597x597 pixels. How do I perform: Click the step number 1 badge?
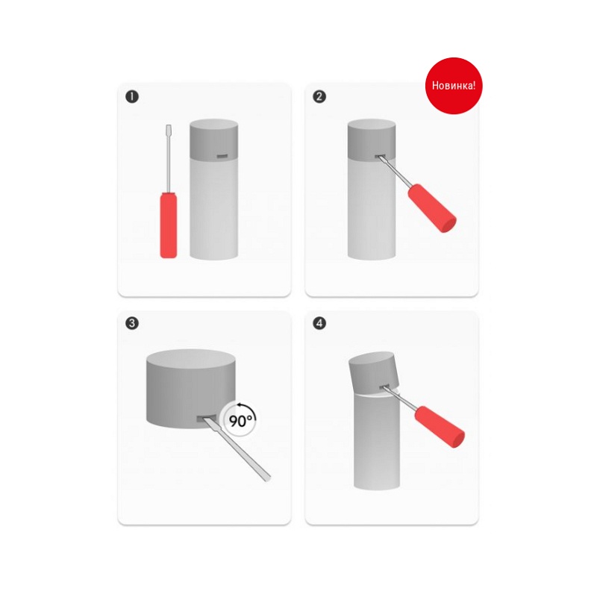click(x=132, y=96)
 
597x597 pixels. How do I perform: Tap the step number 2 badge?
click(x=319, y=96)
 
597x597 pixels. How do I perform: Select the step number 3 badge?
click(x=132, y=323)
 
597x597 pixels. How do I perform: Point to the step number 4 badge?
click(x=319, y=323)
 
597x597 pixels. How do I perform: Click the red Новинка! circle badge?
click(x=454, y=86)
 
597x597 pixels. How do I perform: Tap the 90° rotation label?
click(x=240, y=420)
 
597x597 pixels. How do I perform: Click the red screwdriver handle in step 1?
click(x=169, y=225)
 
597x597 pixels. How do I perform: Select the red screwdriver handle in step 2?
click(x=432, y=208)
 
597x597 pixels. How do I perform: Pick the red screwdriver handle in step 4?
click(x=440, y=427)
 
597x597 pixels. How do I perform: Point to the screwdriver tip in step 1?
click(x=169, y=125)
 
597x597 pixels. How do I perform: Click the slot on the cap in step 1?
click(x=222, y=156)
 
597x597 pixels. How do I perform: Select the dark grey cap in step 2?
click(x=372, y=139)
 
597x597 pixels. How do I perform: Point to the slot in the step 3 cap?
click(x=206, y=419)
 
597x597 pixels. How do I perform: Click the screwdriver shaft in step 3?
click(x=237, y=449)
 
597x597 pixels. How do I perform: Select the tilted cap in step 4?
click(x=374, y=373)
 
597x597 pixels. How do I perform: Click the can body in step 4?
click(x=377, y=442)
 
